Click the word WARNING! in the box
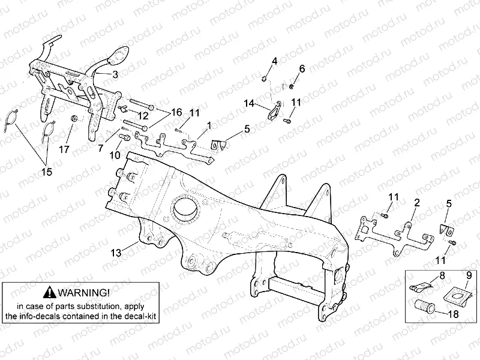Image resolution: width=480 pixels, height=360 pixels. click(x=84, y=292)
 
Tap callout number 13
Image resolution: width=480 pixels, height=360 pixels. click(x=115, y=253)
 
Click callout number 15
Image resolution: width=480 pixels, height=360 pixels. click(x=46, y=172)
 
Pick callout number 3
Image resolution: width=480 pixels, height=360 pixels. click(x=115, y=74)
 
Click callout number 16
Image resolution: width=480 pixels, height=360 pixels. click(x=176, y=112)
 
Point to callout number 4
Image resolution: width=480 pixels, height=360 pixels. click(x=274, y=62)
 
